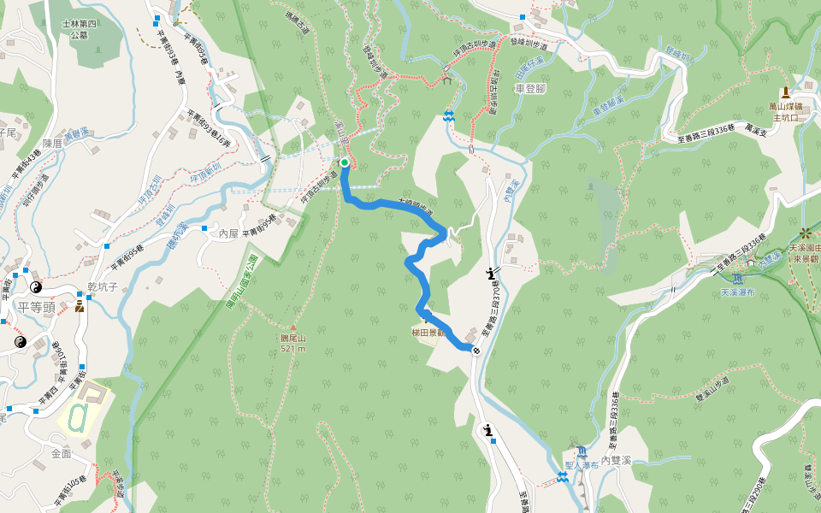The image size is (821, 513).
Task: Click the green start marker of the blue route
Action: click(345, 162)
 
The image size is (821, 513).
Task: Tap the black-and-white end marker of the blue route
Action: click(475, 349)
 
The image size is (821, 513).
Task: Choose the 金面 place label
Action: click(61, 453)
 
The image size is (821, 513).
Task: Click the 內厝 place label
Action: click(228, 233)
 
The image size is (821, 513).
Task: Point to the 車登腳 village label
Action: click(530, 89)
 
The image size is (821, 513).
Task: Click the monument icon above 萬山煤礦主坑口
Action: click(785, 91)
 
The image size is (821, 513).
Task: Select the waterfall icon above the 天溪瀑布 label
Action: click(738, 278)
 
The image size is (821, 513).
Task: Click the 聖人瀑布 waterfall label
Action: click(581, 466)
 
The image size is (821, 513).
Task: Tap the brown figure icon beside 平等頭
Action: click(80, 305)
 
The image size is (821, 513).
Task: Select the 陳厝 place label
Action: click(53, 144)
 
